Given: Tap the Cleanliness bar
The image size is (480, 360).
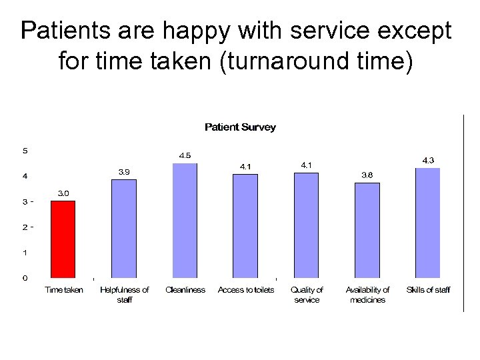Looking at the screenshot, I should point(185,220).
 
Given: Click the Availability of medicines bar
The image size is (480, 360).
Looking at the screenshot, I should point(367,230).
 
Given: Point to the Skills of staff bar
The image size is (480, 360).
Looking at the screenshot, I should point(427,223).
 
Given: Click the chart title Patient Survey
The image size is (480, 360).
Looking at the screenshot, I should point(240,127).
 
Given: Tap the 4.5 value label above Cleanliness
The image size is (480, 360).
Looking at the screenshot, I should point(185,155).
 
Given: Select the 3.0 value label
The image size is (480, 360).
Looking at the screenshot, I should point(63,193).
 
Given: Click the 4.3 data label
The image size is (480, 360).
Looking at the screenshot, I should point(427,160).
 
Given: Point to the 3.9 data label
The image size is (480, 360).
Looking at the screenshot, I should point(124,172).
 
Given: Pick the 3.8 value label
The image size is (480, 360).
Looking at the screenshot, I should point(367,175).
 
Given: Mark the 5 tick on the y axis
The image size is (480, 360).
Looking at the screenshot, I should point(25,151).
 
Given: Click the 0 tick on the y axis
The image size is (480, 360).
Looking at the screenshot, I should point(25,277).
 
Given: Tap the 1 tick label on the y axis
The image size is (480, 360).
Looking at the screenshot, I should point(25,252).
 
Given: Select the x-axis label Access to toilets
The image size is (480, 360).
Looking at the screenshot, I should point(245,290).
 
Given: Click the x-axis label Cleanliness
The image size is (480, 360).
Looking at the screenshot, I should point(185,290).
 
